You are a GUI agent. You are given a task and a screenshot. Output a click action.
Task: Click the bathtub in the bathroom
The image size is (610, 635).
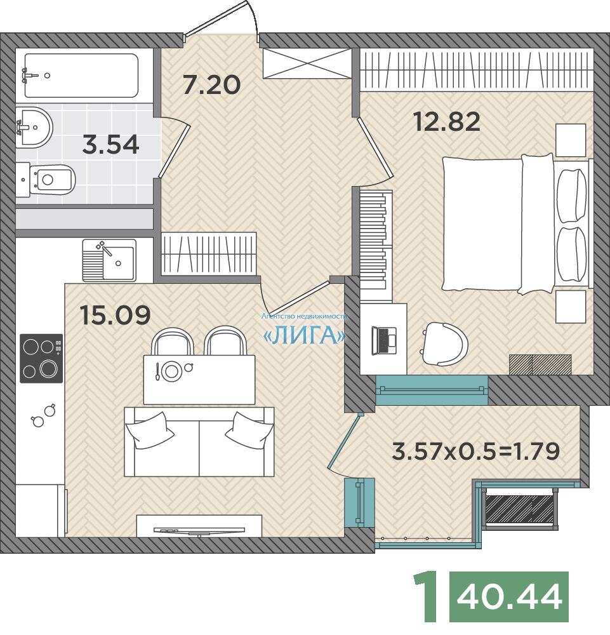pyautogui.click(x=81, y=76)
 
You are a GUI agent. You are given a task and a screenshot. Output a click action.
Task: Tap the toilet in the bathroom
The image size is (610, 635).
pyautogui.click(x=46, y=180)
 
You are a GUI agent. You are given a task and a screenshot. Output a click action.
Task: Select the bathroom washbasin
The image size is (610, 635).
pyautogui.click(x=34, y=127)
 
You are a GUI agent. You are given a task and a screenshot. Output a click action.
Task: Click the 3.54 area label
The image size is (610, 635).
pyautogui.click(x=110, y=145)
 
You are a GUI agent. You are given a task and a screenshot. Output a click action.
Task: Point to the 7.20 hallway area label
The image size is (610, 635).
pyautogui.click(x=211, y=85)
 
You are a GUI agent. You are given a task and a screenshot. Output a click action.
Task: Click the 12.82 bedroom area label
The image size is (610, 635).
pyautogui.click(x=447, y=121)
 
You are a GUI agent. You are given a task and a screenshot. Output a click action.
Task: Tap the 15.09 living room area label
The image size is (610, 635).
pyautogui.click(x=116, y=315)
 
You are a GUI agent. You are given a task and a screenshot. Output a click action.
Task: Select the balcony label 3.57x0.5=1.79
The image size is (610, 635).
pyautogui.click(x=476, y=451)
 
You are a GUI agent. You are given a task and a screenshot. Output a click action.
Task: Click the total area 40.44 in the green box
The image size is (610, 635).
pyautogui.click(x=509, y=596)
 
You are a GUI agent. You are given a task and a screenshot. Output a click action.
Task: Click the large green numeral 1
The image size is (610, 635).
pyautogui.click(x=426, y=597)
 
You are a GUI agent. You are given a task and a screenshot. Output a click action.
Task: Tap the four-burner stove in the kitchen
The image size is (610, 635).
pyautogui.click(x=41, y=358)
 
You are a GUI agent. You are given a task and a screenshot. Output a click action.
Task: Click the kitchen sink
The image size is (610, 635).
pyautogui.click(x=109, y=260)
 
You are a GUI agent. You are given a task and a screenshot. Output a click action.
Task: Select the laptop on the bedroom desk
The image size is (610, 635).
pyautogui.click(x=383, y=340)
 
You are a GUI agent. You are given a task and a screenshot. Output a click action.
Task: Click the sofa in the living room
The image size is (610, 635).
pyautogui.click(x=199, y=442)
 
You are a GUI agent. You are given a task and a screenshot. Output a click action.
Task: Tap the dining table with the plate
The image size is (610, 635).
pyautogui.click(x=199, y=380)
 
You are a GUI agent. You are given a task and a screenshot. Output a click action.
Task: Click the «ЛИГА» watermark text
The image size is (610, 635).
pyautogui.click(x=304, y=335)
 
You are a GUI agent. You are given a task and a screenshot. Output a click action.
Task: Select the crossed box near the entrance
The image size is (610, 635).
pyautogui.click(x=307, y=63)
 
